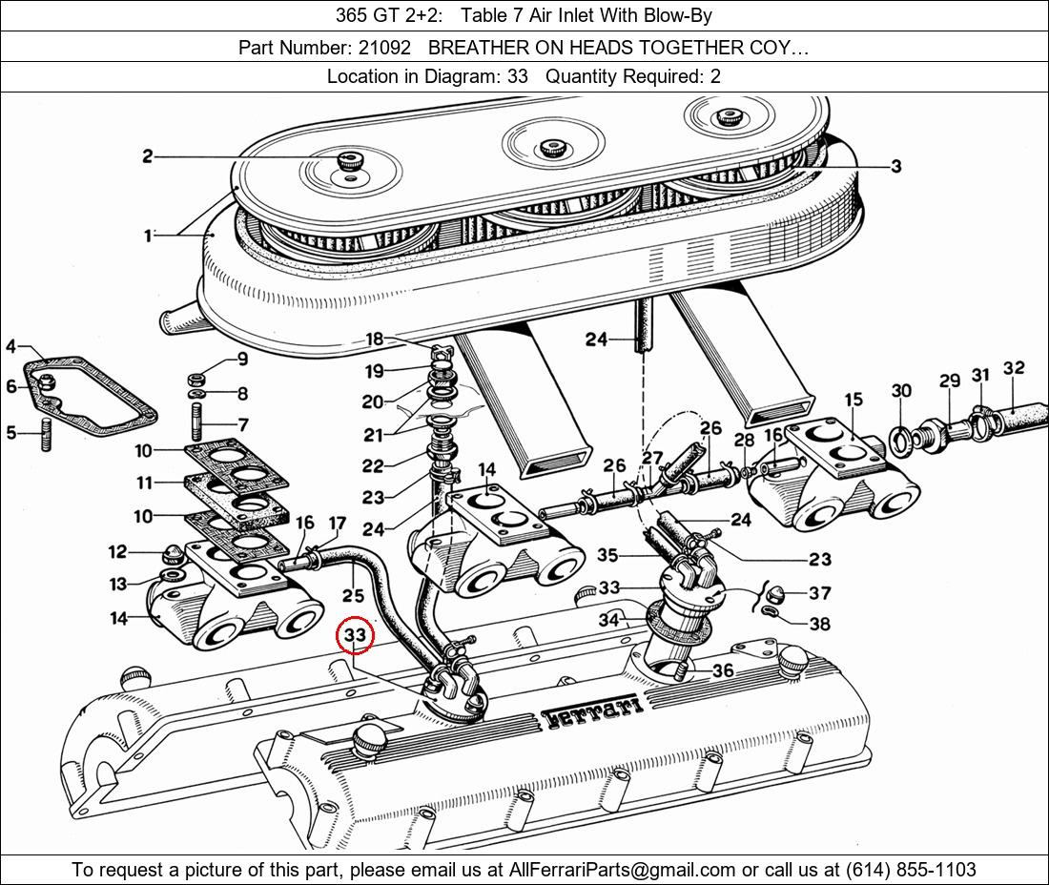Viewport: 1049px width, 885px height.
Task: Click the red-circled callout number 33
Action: (x=355, y=635)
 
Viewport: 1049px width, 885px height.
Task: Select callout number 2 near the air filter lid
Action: (x=148, y=156)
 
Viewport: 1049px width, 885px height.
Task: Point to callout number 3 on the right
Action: (x=895, y=166)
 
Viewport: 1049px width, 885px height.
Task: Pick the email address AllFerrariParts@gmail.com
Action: (x=623, y=870)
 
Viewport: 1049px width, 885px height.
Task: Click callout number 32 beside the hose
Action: (x=1014, y=368)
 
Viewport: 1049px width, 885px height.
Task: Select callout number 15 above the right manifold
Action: (x=853, y=399)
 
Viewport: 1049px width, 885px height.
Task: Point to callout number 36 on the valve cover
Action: (x=723, y=671)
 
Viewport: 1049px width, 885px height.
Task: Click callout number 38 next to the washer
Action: (x=819, y=625)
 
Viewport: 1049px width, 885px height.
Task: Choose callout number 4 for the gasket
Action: (x=10, y=346)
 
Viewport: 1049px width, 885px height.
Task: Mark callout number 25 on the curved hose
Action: (x=353, y=597)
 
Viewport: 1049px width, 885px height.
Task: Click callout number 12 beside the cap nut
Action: (x=117, y=551)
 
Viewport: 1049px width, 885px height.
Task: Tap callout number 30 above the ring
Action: (x=901, y=390)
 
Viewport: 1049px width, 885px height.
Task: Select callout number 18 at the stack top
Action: (x=374, y=340)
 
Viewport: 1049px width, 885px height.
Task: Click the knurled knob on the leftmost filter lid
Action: (x=350, y=162)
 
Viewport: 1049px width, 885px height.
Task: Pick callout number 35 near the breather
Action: (x=607, y=555)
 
